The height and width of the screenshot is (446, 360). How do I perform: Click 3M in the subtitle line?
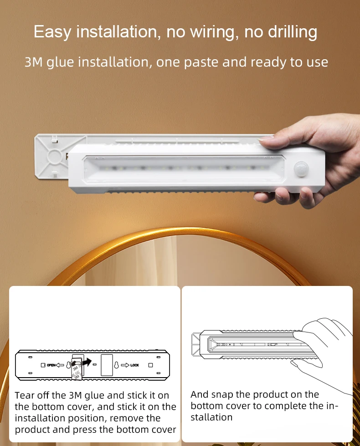coord(33,62)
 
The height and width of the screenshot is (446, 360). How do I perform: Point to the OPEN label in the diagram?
coord(51,365)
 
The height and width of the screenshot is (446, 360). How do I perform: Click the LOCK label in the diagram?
coord(134,365)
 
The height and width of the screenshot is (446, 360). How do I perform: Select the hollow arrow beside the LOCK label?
coord(125,365)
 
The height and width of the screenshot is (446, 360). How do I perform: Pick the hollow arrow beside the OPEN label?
coord(60,365)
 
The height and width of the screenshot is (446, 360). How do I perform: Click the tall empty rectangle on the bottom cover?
coord(107,365)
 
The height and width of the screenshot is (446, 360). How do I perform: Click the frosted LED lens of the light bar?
coord(182,167)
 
